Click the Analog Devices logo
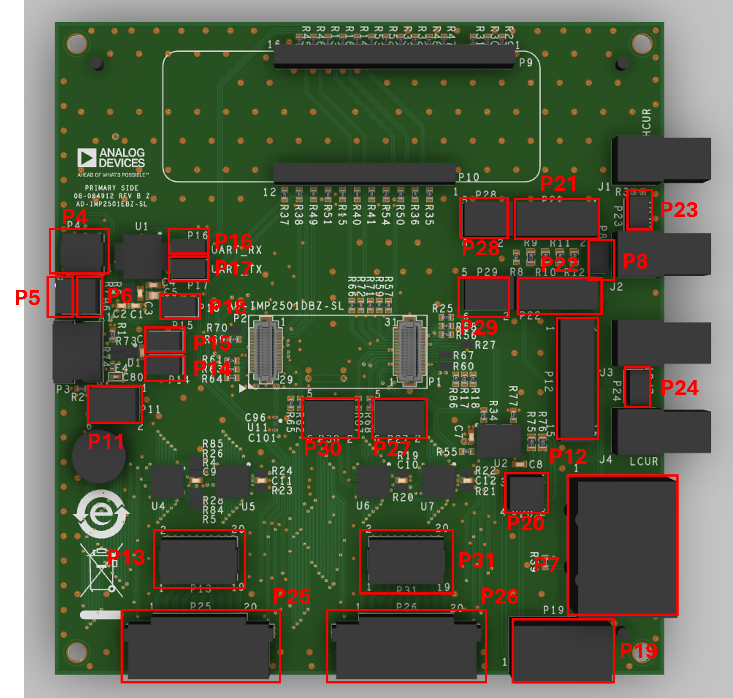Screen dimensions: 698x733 (111, 158)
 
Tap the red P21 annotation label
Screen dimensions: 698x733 (558, 183)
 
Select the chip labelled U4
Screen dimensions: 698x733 (167, 481)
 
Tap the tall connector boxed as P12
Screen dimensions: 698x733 (577, 378)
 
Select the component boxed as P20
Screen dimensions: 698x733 (526, 493)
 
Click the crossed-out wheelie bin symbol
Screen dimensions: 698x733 (102, 570)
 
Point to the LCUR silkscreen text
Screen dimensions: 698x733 (644, 462)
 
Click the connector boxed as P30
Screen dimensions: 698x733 (330, 418)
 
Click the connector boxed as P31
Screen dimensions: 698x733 (406, 561)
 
